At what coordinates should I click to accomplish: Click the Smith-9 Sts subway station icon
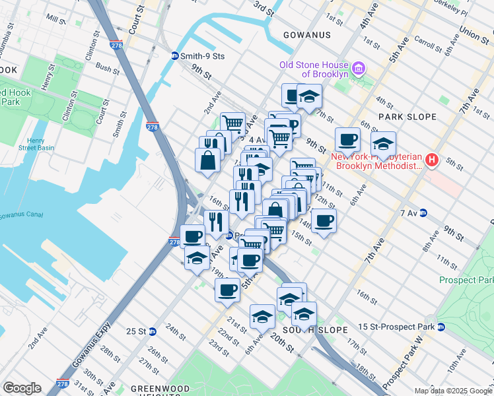pos(174,56)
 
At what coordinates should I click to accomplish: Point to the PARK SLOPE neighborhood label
pos(407,117)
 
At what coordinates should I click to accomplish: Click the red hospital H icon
pos(433,160)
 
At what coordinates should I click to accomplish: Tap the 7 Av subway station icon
pos(423,213)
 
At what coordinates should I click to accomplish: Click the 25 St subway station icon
pos(153,331)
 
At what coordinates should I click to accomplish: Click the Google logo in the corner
pos(22,388)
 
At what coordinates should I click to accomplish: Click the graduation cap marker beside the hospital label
pos(383,142)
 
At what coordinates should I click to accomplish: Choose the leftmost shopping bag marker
pos(207,160)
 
